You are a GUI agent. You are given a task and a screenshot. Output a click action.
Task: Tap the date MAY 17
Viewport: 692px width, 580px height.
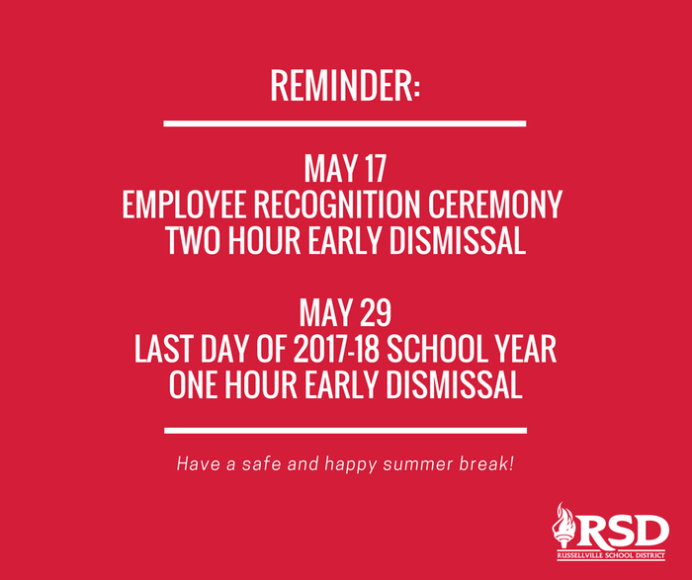[x=345, y=169]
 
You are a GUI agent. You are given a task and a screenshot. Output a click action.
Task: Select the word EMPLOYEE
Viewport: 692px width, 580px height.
[x=184, y=205]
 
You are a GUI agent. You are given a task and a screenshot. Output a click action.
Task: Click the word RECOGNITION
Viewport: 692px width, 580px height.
[x=337, y=205]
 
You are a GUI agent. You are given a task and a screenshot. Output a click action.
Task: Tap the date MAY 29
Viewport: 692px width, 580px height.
[x=345, y=312]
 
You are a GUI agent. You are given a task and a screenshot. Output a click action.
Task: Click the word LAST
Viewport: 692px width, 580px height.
[x=163, y=349]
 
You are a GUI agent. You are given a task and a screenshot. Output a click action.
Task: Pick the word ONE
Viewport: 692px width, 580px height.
[x=193, y=385]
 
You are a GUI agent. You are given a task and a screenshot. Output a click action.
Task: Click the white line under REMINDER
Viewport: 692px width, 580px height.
[x=345, y=124]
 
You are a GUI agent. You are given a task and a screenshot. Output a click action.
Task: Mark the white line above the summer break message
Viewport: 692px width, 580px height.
[x=346, y=431]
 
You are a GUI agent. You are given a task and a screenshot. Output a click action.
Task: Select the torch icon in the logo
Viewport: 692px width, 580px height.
[x=563, y=525]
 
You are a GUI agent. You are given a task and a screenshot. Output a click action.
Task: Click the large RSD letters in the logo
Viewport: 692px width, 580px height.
[x=622, y=531]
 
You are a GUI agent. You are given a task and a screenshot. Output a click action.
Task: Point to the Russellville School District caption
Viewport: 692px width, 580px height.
[x=611, y=555]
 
